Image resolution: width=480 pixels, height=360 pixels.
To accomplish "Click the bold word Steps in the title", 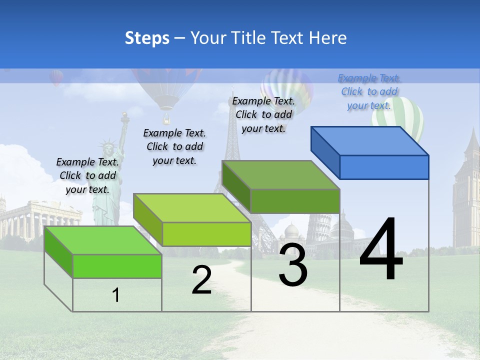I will point(147,38).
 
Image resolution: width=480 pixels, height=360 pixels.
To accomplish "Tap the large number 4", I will point(381,250).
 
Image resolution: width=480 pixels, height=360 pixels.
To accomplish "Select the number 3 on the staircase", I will point(293,265).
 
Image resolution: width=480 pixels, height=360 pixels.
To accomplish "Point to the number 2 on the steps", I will point(201,280).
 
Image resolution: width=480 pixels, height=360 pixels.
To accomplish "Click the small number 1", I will point(116,295).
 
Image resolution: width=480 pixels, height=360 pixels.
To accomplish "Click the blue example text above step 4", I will point(369,91).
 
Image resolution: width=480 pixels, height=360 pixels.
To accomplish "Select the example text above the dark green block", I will point(263,114).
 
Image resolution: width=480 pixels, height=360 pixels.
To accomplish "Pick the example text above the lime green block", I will point(174,146).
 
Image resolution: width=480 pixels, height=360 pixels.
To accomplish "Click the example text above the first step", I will point(87,175).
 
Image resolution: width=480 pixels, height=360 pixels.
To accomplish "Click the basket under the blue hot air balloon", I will point(166,119).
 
